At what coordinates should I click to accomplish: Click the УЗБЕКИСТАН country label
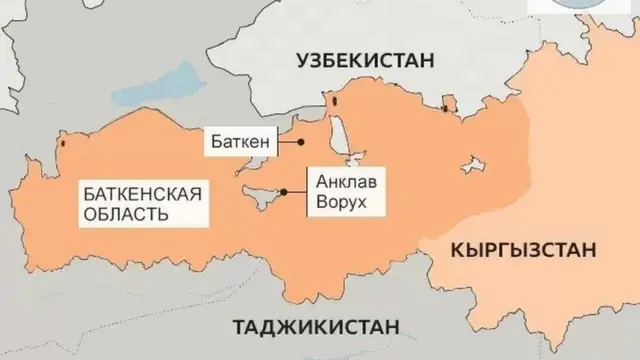pyautogui.click(x=365, y=62)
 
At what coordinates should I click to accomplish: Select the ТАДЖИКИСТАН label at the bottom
pyautogui.click(x=316, y=326)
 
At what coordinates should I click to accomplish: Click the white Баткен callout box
pyautogui.click(x=241, y=142)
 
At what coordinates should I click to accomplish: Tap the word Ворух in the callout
pyautogui.click(x=339, y=202)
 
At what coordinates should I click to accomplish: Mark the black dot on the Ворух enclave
pyautogui.click(x=286, y=190)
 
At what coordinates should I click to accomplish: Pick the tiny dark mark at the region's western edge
pyautogui.click(x=63, y=143)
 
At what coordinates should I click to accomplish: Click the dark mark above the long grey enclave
pyautogui.click(x=337, y=100)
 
